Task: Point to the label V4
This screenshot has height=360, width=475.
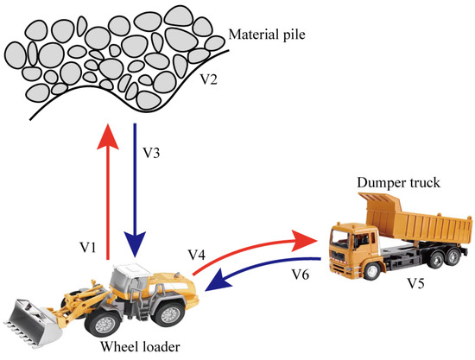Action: pyautogui.click(x=198, y=255)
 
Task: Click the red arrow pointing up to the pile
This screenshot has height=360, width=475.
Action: pyautogui.click(x=108, y=191)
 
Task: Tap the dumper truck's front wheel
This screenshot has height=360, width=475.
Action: pyautogui.click(x=362, y=268)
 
